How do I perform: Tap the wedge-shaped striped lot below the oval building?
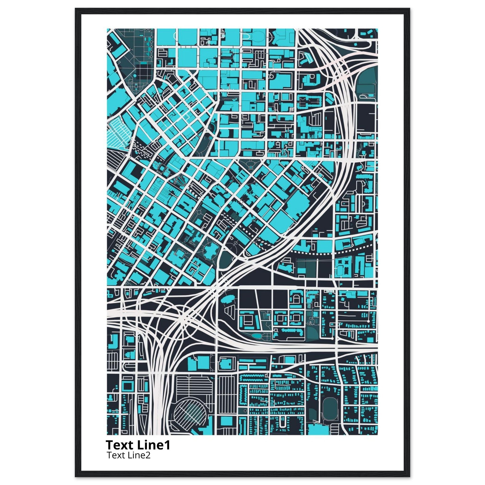pos(229,313)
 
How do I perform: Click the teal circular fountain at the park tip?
pos(211,138)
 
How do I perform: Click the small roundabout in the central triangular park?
pos(250,167)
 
